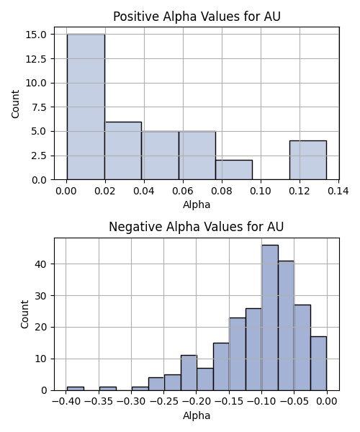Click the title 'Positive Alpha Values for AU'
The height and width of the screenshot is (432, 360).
[x=197, y=17]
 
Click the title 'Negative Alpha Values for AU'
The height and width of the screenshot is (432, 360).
[x=196, y=227]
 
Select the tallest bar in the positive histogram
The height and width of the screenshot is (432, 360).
[x=86, y=107]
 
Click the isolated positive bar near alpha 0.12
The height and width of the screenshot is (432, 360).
[x=308, y=160]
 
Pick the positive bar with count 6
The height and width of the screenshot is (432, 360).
[x=123, y=150]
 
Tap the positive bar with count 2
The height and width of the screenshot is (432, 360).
[x=234, y=170]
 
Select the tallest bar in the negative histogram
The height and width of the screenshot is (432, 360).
[x=270, y=318]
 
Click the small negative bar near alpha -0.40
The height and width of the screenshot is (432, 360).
[x=76, y=389]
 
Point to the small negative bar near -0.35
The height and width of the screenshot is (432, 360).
[x=108, y=389]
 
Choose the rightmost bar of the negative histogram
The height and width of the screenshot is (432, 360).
[x=319, y=364]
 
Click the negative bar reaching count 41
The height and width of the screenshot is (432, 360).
[x=286, y=325]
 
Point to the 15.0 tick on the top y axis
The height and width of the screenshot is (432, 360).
[x=35, y=35]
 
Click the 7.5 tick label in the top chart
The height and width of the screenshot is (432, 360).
[x=39, y=107]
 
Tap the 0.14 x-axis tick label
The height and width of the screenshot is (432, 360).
[x=338, y=191]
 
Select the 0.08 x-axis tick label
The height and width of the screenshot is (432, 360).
[x=222, y=191]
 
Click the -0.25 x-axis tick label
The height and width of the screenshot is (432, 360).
[x=163, y=402]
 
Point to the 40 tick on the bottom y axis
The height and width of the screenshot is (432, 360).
[x=40, y=264]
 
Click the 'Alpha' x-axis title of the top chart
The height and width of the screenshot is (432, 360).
[x=197, y=204]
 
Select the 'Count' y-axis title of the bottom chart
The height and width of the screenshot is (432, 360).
[x=24, y=314]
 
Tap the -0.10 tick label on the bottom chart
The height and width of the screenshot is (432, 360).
[x=261, y=402]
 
